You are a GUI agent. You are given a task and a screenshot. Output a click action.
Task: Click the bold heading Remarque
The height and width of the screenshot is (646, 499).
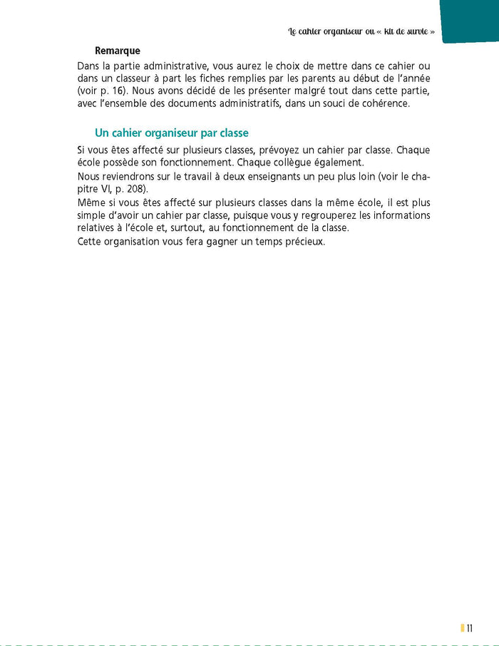[x=118, y=51]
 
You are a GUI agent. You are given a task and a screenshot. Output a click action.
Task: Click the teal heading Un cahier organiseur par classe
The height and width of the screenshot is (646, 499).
[x=171, y=133]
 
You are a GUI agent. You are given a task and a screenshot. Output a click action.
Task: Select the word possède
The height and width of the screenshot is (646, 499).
[x=121, y=163]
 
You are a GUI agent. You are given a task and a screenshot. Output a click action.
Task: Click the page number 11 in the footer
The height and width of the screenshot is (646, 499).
[x=470, y=627]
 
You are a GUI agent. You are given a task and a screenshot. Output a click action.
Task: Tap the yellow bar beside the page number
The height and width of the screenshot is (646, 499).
[x=462, y=627]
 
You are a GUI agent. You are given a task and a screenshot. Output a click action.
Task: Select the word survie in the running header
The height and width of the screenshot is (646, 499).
[x=413, y=33]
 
